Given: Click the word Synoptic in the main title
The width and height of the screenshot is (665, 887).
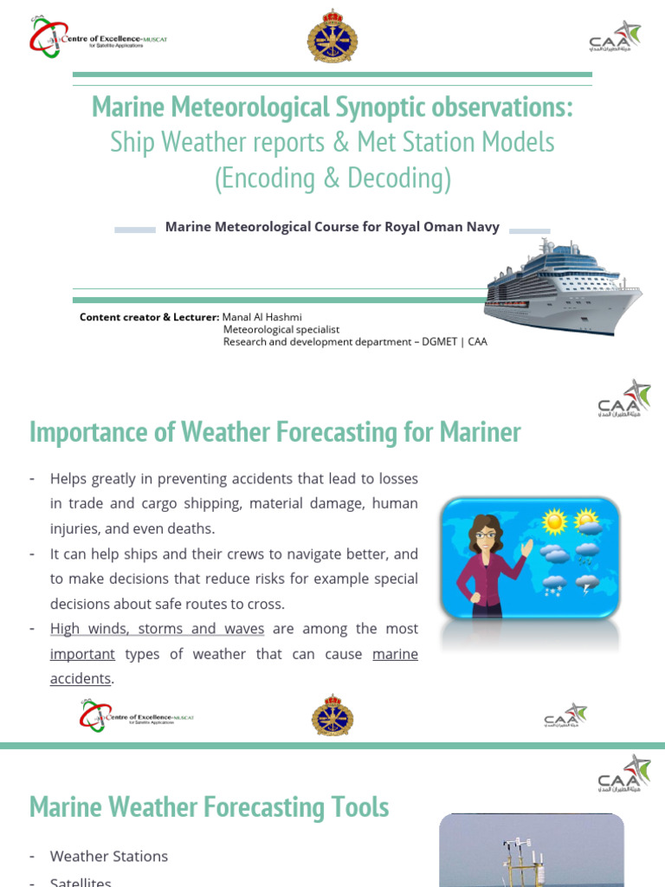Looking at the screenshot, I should point(381,108).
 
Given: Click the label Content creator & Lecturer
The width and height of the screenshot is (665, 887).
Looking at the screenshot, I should point(150,317).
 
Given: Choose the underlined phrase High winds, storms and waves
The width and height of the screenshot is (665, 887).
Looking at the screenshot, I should point(157,629).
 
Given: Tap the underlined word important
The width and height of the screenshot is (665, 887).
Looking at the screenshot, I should point(82,654).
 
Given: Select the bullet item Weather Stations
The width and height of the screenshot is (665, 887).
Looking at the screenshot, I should point(109,856).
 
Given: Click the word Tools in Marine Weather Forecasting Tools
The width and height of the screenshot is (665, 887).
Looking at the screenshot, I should point(357,807).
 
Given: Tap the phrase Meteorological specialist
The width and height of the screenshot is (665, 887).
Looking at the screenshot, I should point(281,329).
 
